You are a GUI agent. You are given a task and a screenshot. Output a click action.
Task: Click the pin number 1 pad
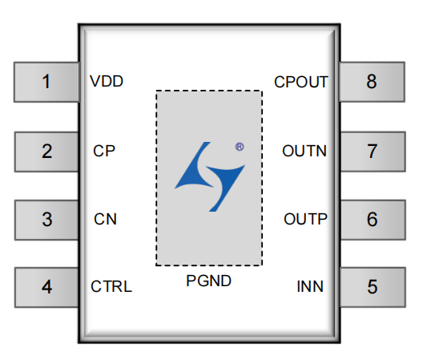pyautogui.click(x=46, y=82)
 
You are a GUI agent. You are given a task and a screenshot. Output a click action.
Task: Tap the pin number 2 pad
pyautogui.click(x=46, y=152)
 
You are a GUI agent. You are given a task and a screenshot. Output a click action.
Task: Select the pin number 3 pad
pyautogui.click(x=46, y=220)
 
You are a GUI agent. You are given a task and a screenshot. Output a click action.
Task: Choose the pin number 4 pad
pyautogui.click(x=46, y=288)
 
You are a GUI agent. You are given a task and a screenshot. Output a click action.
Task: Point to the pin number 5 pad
pyautogui.click(x=373, y=288)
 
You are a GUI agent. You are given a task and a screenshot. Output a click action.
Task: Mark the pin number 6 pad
pyautogui.click(x=373, y=220)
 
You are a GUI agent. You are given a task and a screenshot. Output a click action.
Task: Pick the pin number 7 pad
pyautogui.click(x=373, y=152)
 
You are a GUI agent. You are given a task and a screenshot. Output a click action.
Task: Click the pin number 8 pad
pyautogui.click(x=372, y=82)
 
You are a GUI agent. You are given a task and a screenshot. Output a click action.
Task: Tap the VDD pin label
pyautogui.click(x=107, y=81)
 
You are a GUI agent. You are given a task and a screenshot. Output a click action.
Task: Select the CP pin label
pyautogui.click(x=104, y=151)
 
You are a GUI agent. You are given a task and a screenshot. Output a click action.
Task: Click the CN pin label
pyautogui.click(x=105, y=219)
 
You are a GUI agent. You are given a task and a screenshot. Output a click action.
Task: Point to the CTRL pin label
pyautogui.click(x=111, y=286)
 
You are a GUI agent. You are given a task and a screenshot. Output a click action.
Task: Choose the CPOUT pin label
pyautogui.click(x=301, y=82)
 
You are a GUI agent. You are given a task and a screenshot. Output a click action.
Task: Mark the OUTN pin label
pyautogui.click(x=304, y=151)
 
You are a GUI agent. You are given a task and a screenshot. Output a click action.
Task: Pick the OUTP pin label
pyautogui.click(x=305, y=219)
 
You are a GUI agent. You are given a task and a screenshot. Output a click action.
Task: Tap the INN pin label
pyautogui.click(x=310, y=286)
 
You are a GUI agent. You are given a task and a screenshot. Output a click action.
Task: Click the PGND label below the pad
pyautogui.click(x=208, y=281)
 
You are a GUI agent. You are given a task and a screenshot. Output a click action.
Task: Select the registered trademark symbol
pyautogui.click(x=240, y=147)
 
